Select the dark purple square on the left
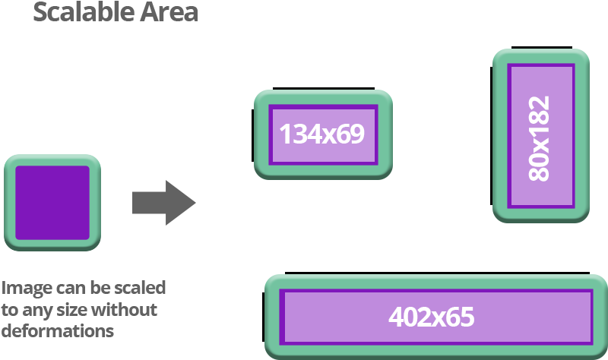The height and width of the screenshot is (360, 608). (x=52, y=203)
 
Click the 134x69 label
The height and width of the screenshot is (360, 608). (x=322, y=134)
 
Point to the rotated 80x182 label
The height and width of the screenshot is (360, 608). (x=540, y=137)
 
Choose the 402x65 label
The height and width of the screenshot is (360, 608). (x=431, y=316)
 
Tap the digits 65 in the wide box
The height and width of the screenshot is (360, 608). (x=460, y=316)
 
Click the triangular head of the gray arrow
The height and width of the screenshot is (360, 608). (x=180, y=203)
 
